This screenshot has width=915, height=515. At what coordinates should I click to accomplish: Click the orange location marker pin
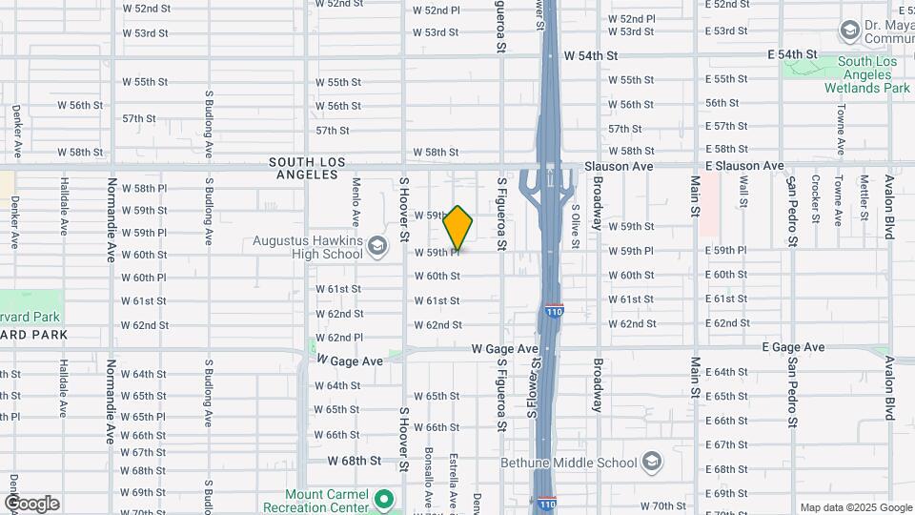point(458,228)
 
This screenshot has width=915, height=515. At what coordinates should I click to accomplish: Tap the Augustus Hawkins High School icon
point(378,246)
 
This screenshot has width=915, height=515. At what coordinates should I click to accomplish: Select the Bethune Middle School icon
point(652,463)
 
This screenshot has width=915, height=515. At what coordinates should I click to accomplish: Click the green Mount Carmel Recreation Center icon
point(383,499)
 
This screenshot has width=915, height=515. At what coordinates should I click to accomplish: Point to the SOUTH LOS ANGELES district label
point(307,169)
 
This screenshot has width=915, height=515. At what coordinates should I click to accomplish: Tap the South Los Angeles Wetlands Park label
point(867,75)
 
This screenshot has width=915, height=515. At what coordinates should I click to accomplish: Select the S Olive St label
point(576,226)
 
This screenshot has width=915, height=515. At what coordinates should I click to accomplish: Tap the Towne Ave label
point(839,131)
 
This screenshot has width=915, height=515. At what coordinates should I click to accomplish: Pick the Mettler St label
point(864,197)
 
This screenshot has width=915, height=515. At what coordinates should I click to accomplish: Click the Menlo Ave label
point(356,199)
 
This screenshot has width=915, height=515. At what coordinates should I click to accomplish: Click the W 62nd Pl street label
point(339,338)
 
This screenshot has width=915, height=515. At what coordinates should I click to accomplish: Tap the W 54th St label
point(598,56)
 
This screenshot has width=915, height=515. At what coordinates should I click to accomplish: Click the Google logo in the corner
point(31,504)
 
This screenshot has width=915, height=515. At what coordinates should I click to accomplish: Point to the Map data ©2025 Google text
point(855,507)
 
